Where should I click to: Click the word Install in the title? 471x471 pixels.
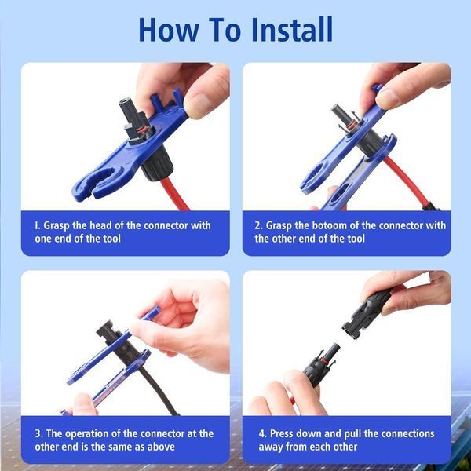click(x=292, y=30)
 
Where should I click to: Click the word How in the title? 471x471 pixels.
click(x=169, y=30)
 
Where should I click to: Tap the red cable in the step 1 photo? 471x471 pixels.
click(x=174, y=194)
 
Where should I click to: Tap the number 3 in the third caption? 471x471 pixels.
click(x=38, y=434)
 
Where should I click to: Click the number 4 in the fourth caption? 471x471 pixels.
click(x=261, y=434)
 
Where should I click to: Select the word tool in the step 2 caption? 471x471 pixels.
click(x=355, y=239)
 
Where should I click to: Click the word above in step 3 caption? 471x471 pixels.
click(x=161, y=447)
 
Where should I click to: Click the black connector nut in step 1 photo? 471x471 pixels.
click(x=158, y=165)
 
